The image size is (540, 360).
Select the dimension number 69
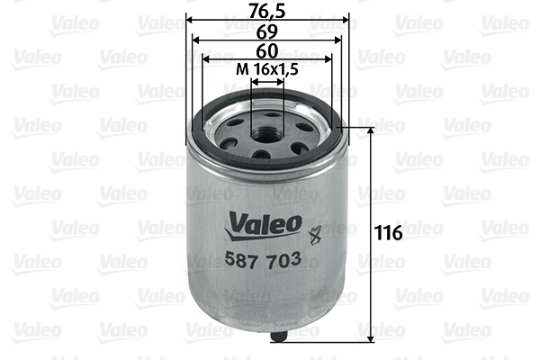267,31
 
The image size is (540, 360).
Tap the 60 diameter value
267,50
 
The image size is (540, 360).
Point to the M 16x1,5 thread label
267,70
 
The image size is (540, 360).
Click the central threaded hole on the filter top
267,135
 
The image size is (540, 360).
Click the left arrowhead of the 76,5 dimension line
189,20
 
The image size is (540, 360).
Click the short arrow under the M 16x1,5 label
267,81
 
